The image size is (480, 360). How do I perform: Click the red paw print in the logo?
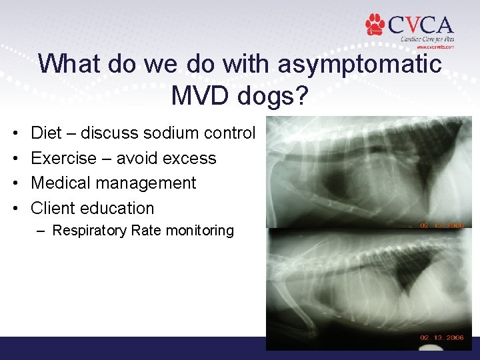tap(375, 25)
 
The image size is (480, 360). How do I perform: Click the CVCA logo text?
tap(419, 25)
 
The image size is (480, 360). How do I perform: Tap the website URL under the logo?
tap(435, 47)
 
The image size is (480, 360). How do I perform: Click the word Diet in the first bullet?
tap(47, 133)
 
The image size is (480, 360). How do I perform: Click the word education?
tap(117, 208)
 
